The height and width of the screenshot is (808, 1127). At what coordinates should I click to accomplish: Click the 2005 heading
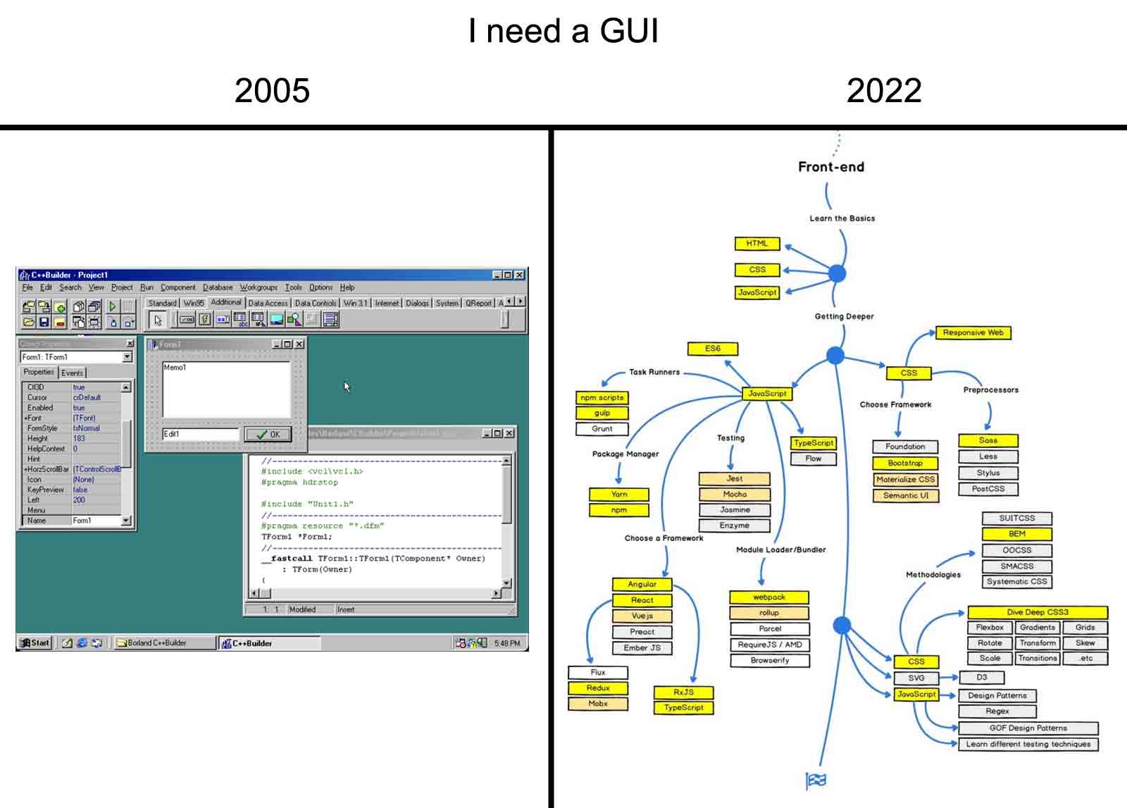272,91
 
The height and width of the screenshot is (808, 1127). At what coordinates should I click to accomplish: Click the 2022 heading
883,91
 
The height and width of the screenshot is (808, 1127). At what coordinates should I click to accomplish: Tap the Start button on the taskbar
35,642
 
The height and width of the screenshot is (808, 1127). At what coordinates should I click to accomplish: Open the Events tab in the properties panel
72,373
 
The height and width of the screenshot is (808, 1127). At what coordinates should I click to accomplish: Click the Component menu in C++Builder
178,287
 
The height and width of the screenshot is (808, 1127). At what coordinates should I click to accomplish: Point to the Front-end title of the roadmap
830,167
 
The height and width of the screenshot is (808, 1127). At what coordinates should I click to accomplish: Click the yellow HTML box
757,244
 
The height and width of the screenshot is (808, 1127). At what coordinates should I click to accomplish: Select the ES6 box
712,348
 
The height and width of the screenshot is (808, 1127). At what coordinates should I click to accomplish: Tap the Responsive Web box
973,332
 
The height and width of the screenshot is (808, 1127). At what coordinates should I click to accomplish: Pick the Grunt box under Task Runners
602,428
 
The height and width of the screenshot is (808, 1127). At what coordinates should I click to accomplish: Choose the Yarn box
618,494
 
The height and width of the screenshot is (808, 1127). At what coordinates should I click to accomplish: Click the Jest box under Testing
734,479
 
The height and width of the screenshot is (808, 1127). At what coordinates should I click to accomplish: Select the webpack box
768,597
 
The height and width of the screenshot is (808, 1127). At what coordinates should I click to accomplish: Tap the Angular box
642,584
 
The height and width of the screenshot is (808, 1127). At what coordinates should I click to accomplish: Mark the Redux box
597,688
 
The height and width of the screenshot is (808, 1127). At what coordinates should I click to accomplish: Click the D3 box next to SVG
981,678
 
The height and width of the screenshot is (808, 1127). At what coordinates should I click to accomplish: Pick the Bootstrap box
905,463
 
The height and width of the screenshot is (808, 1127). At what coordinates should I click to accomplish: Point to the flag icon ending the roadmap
816,780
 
